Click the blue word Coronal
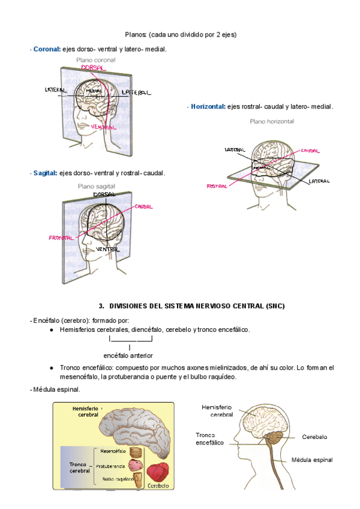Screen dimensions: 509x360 47,49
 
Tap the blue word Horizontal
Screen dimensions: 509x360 208,107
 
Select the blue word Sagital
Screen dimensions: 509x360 45,173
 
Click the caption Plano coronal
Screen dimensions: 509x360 95,61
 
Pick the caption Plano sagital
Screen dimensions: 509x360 96,187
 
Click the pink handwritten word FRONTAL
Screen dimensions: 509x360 61,238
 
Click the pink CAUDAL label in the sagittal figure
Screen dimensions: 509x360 143,206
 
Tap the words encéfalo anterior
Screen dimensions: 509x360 128,355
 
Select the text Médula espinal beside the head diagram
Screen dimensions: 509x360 312,460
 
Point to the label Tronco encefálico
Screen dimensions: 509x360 209,439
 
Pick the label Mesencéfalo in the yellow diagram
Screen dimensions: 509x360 112,451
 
